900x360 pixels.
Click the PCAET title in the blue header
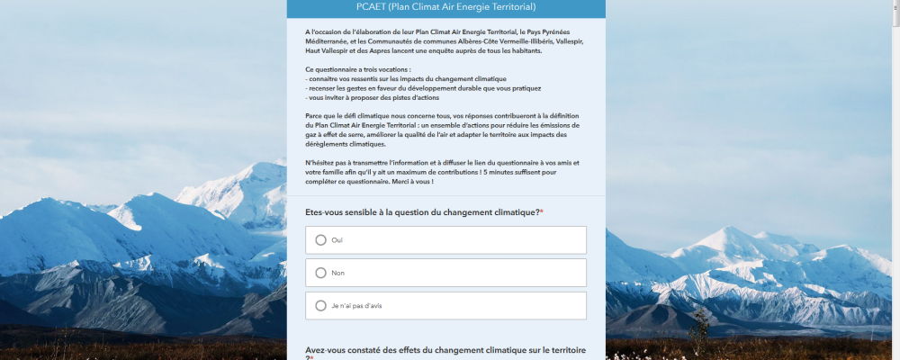445,7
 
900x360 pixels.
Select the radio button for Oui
320,240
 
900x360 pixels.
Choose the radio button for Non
320,273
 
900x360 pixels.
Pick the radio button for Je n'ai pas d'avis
320,306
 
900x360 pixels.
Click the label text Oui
337,240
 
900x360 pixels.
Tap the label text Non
338,273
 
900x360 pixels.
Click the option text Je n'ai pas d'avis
356,306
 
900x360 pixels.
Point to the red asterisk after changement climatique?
542,211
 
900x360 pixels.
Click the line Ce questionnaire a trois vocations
358,69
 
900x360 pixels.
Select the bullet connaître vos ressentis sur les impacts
406,79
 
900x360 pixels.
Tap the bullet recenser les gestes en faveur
401,88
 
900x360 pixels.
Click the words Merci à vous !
411,182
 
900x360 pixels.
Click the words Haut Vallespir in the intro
327,50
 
